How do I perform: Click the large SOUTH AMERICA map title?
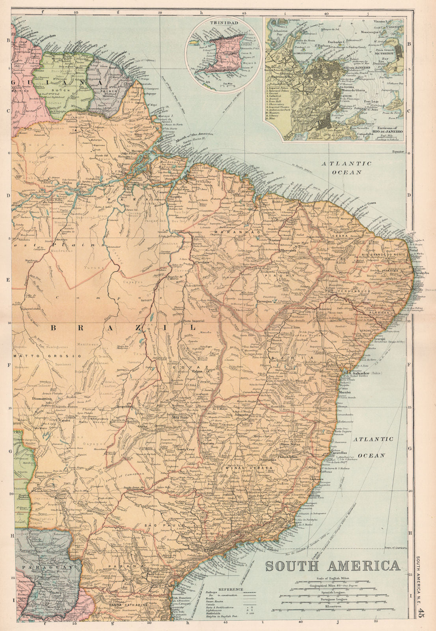tap(332, 566)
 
